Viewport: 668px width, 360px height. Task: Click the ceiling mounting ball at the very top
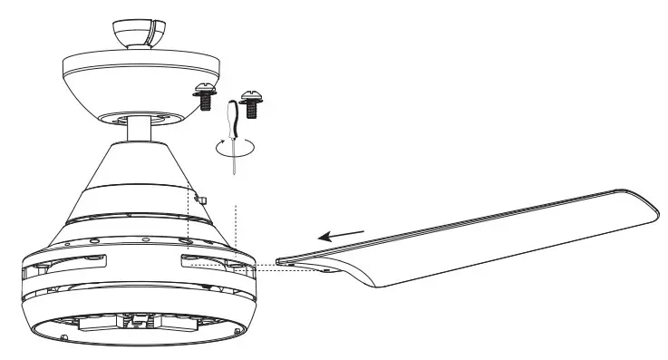click(137, 30)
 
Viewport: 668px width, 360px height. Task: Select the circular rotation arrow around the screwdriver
click(235, 148)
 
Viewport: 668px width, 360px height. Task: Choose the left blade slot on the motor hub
click(75, 264)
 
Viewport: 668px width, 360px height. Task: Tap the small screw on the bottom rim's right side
click(237, 336)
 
